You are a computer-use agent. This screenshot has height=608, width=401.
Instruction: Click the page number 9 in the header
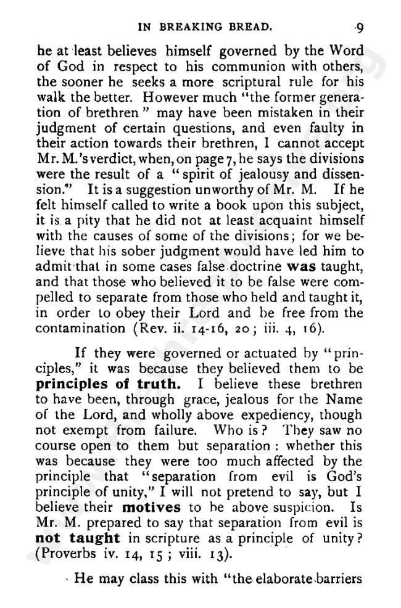click(x=359, y=28)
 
